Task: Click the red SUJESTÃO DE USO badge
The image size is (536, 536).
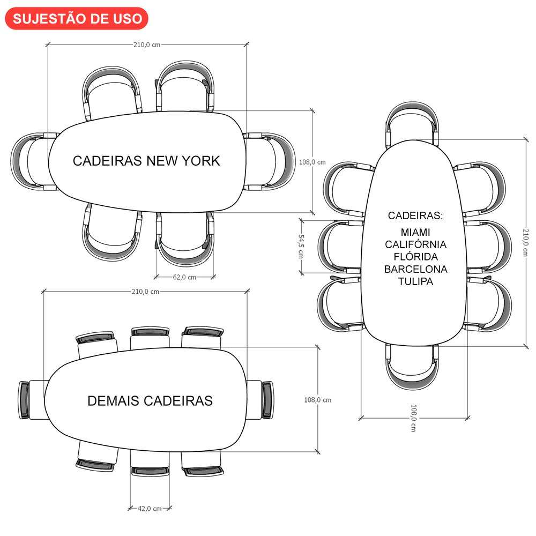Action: point(77,18)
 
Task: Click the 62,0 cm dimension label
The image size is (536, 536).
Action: point(184,277)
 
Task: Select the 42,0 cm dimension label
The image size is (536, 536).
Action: point(150,508)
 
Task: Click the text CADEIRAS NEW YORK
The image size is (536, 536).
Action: point(146,161)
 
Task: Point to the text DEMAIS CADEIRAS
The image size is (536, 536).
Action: point(150,401)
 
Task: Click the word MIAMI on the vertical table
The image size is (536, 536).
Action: point(416,232)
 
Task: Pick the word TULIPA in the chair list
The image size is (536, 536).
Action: point(416,281)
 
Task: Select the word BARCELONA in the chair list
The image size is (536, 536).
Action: point(416,269)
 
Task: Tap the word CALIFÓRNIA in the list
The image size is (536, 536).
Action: point(416,244)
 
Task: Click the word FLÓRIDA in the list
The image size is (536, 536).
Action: point(416,257)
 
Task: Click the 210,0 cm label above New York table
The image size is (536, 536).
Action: point(147,44)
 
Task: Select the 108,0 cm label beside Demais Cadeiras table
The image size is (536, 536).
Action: point(318,400)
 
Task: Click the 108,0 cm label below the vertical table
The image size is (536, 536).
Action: point(413,418)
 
